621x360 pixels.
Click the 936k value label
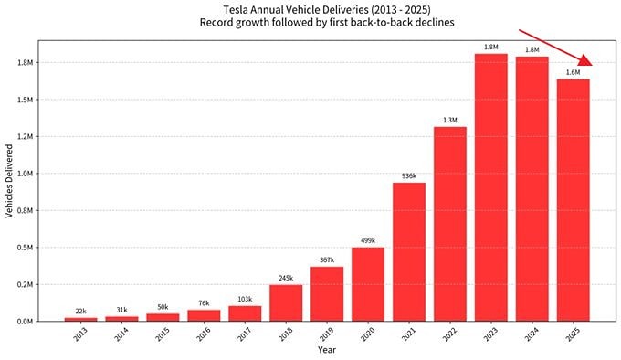(408, 176)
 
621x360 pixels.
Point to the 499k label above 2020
(367, 241)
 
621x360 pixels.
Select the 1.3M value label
(450, 120)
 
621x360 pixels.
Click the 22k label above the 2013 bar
(80, 312)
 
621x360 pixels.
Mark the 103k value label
(244, 300)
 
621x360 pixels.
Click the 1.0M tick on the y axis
(24, 174)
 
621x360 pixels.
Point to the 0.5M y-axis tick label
(24, 248)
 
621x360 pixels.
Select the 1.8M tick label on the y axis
(24, 63)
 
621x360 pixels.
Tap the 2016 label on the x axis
(203, 335)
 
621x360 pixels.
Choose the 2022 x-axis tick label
(450, 335)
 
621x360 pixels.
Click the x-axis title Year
(327, 350)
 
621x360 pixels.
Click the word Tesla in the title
(236, 9)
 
